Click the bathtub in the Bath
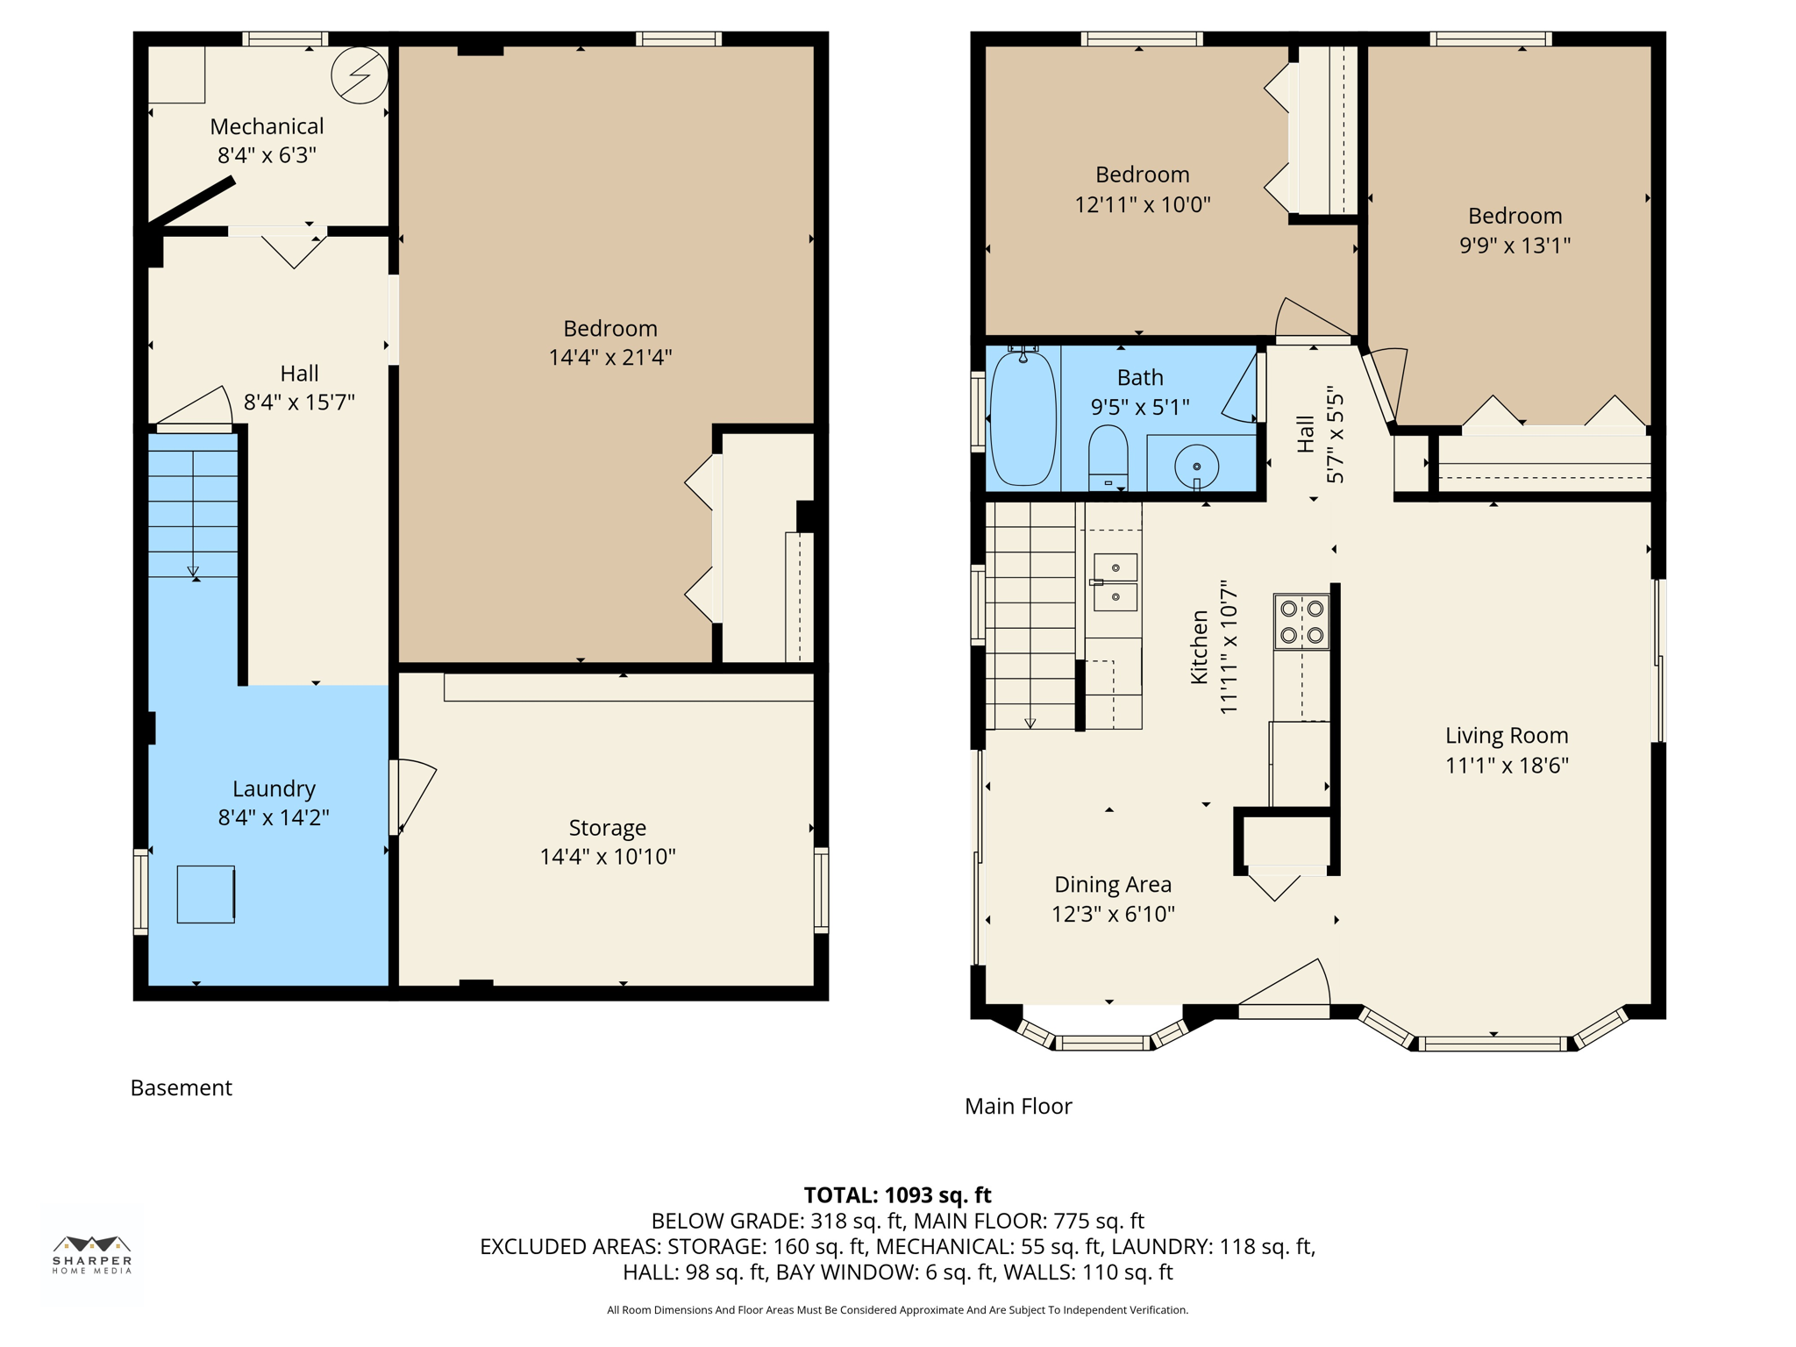pyautogui.click(x=1022, y=418)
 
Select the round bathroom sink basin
pyautogui.click(x=1196, y=467)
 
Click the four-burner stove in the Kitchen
pyautogui.click(x=1301, y=622)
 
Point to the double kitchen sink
pyautogui.click(x=1115, y=582)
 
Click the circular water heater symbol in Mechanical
pyautogui.click(x=360, y=75)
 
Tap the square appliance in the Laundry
pyautogui.click(x=206, y=894)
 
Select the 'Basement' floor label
pyautogui.click(x=182, y=1087)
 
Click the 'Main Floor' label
pyautogui.click(x=1018, y=1106)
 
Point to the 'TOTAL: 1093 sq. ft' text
pyautogui.click(x=897, y=1194)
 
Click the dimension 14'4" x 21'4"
pyautogui.click(x=610, y=357)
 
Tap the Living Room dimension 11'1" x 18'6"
pyautogui.click(x=1507, y=765)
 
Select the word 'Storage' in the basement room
pyautogui.click(x=608, y=828)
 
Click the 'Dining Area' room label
pyautogui.click(x=1113, y=884)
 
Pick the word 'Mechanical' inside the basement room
pyautogui.click(x=267, y=126)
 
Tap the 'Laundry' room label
pyautogui.click(x=274, y=788)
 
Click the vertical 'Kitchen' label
pyautogui.click(x=1200, y=647)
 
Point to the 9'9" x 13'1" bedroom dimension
pyautogui.click(x=1514, y=245)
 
